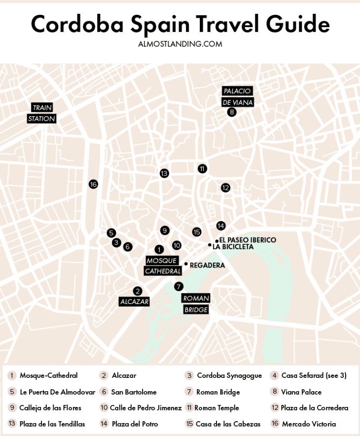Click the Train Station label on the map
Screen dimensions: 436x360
click(x=42, y=113)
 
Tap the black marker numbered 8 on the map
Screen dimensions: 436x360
click(x=232, y=112)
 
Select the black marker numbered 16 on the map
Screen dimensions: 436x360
click(x=93, y=184)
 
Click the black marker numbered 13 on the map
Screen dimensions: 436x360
click(x=164, y=173)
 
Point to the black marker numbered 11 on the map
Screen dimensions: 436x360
click(x=202, y=168)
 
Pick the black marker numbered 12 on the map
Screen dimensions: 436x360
click(x=225, y=188)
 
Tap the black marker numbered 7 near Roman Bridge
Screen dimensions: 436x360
click(x=179, y=286)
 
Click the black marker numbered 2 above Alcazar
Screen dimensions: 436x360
click(x=138, y=291)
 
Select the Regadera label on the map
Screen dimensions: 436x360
click(x=207, y=265)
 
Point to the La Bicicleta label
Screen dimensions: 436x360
click(x=233, y=247)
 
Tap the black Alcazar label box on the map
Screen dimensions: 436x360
click(x=134, y=302)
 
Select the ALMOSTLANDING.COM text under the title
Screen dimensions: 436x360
click(x=180, y=44)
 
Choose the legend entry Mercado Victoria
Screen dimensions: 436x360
click(x=309, y=424)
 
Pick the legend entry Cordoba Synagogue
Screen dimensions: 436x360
click(x=229, y=375)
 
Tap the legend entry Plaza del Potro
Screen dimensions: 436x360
click(x=135, y=424)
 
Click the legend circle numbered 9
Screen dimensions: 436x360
click(x=12, y=408)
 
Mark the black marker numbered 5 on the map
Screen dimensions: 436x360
click(x=111, y=233)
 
